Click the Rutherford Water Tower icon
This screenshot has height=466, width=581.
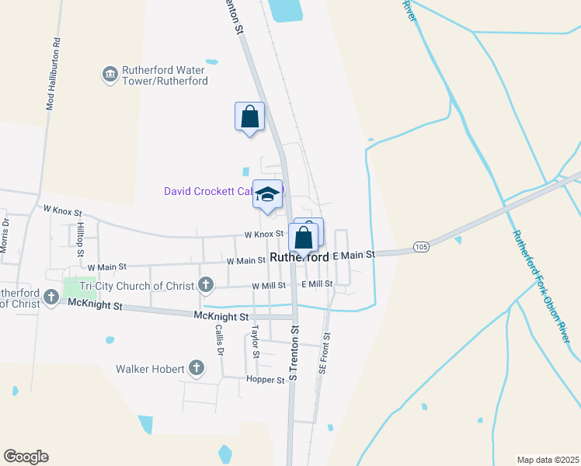(110, 74)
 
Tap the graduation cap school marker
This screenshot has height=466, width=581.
(268, 194)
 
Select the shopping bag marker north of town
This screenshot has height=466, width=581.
(249, 117)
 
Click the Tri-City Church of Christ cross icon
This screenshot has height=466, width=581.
(206, 285)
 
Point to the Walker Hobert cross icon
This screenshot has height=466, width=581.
(197, 368)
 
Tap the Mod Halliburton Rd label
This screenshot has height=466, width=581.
(54, 74)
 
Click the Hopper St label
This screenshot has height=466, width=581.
(265, 380)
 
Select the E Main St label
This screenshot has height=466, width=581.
(353, 255)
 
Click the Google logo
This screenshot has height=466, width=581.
(26, 457)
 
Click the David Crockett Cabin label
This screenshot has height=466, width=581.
(208, 191)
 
